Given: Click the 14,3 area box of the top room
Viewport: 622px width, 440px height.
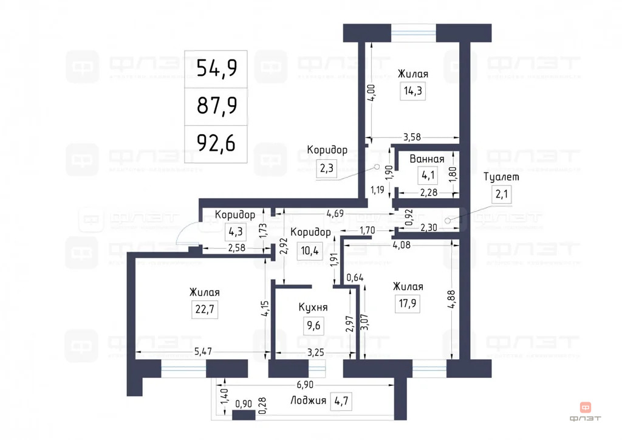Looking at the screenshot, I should pyautogui.click(x=413, y=91).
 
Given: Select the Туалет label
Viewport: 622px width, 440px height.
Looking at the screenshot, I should pyautogui.click(x=501, y=177).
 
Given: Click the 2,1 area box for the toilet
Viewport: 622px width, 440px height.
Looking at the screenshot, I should pyautogui.click(x=502, y=194).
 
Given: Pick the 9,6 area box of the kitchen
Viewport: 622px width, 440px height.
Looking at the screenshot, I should pyautogui.click(x=313, y=326).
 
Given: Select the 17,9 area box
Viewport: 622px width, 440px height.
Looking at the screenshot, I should pyautogui.click(x=408, y=303).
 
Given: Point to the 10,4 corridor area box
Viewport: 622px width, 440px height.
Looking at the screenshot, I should pyautogui.click(x=310, y=250).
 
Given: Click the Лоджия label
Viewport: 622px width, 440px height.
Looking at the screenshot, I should pyautogui.click(x=307, y=400).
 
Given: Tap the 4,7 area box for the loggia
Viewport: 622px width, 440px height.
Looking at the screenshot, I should pyautogui.click(x=341, y=400).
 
